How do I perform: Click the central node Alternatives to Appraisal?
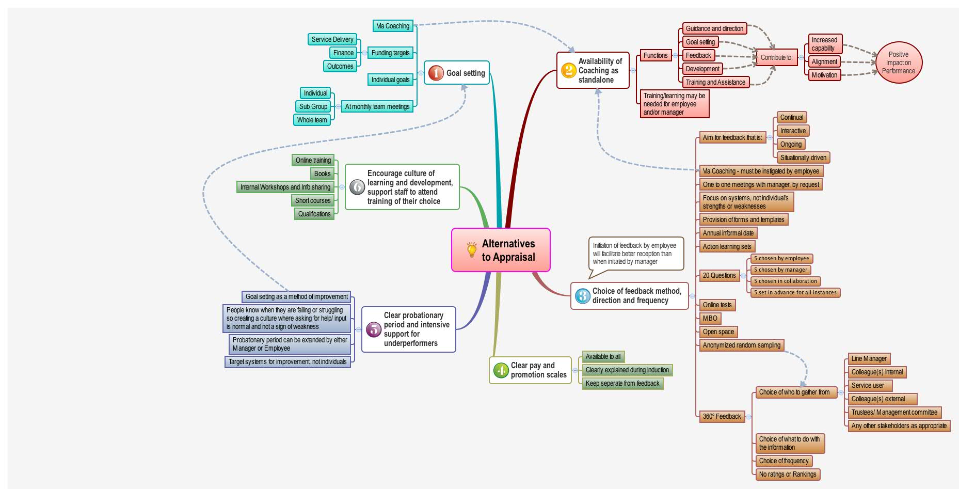pos(501,250)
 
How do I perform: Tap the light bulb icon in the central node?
pos(471,250)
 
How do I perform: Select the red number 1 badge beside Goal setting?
pos(436,73)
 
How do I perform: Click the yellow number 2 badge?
pos(568,70)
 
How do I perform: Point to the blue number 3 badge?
pos(582,296)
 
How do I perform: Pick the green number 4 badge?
pos(501,370)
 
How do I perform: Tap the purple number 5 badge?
pos(373,329)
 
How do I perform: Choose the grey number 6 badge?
pos(357,187)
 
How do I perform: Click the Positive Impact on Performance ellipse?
pos(899,62)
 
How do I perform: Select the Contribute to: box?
pos(776,57)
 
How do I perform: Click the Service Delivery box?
pos(332,39)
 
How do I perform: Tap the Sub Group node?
pos(313,106)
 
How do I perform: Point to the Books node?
pos(322,173)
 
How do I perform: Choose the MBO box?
pos(710,318)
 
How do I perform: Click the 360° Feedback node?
pos(722,416)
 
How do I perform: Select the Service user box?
pos(869,385)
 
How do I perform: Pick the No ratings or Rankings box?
pos(787,474)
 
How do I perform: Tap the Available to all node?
pos(603,356)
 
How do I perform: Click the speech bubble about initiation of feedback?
pos(635,254)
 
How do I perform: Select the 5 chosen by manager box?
pos(780,270)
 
